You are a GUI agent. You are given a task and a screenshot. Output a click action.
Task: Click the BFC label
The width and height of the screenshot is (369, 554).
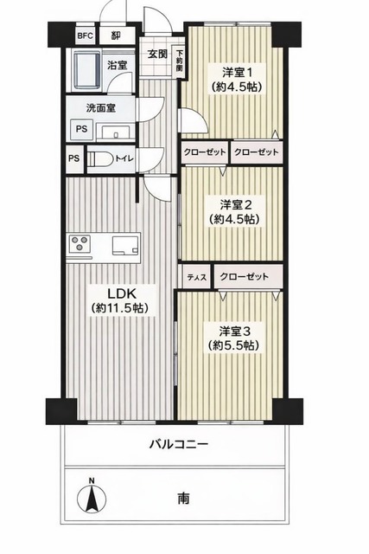click(x=85, y=36)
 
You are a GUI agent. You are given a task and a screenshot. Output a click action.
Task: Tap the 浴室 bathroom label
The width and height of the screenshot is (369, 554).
click(x=116, y=65)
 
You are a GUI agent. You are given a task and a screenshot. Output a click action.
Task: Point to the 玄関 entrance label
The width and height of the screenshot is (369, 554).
click(x=156, y=53)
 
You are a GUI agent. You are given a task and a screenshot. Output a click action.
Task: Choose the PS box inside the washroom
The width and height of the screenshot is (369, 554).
click(x=81, y=129)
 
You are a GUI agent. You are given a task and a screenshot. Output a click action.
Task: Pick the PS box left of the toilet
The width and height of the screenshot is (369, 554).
click(x=74, y=158)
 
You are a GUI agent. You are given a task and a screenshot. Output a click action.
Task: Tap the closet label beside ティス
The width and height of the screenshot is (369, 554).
click(x=245, y=277)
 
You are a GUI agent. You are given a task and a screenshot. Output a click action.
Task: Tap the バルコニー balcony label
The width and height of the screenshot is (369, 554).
click(x=178, y=444)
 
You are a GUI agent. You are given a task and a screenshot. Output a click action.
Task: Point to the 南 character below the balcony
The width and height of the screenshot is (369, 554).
click(x=184, y=499)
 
